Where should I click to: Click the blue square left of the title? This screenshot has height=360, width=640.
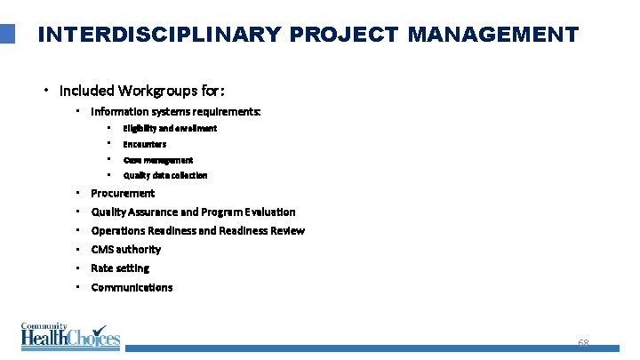pos(8,34)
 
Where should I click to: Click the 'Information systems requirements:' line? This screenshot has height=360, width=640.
pos(176,112)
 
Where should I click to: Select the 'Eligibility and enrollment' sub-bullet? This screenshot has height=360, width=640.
pos(170,128)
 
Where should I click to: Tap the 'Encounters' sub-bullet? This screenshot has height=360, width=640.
pos(145,144)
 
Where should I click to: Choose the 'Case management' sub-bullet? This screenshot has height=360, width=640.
pos(158,160)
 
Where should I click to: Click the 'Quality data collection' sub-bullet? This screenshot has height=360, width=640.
pos(165,175)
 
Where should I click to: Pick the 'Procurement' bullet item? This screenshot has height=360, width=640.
pos(123,193)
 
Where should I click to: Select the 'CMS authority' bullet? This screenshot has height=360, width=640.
pos(126,249)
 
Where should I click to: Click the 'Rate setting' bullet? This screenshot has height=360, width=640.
pos(120,268)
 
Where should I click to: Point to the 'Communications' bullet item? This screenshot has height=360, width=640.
pos(132,287)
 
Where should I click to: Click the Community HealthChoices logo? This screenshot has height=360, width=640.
pos(69,336)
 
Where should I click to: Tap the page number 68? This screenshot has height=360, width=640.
pos(583,344)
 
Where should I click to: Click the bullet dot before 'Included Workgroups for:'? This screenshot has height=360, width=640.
pos(46,91)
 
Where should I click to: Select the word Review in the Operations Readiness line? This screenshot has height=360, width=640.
pos(286,230)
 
